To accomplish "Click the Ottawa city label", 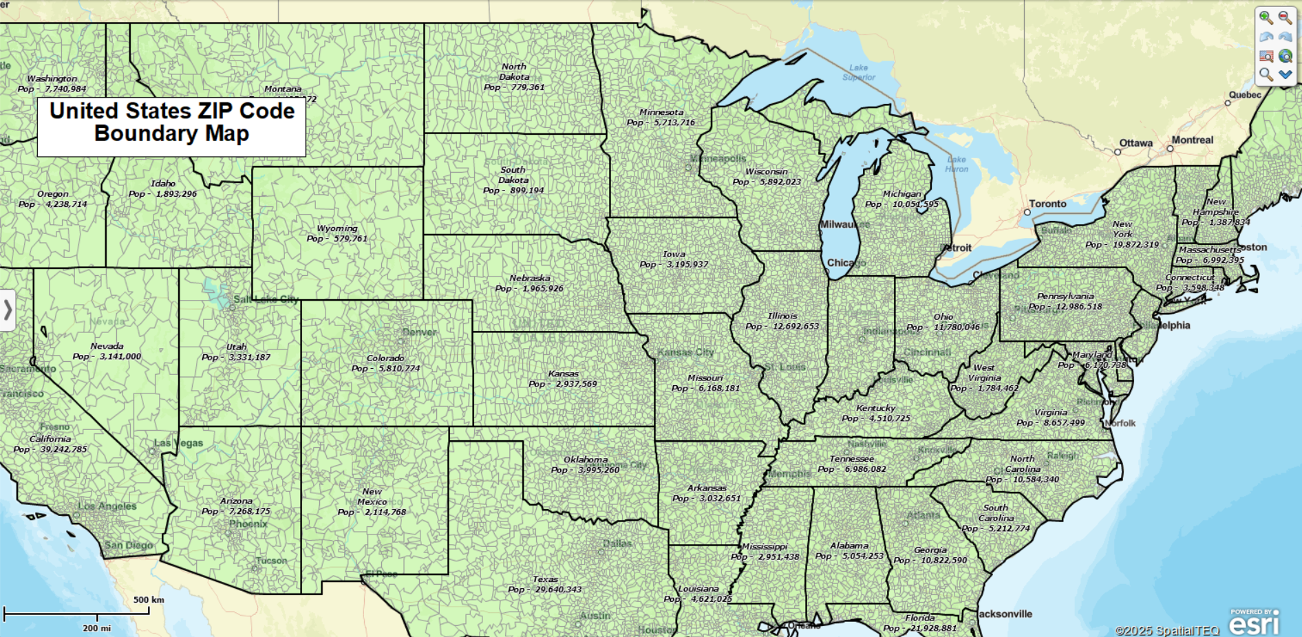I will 1136,143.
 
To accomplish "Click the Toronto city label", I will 1047,204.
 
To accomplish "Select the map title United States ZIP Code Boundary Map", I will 172,122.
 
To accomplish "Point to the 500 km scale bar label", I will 149,600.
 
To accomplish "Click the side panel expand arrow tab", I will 8,310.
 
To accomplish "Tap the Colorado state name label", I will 385,358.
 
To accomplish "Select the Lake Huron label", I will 956,164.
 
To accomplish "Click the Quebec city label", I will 1245,95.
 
